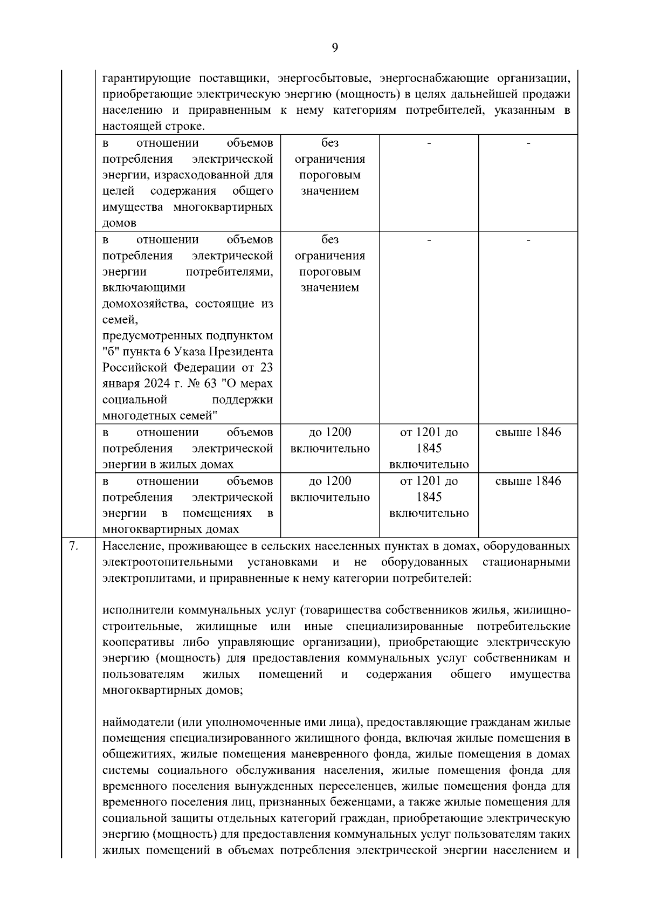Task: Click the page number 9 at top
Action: pyautogui.click(x=334, y=48)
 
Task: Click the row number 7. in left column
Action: pyautogui.click(x=74, y=546)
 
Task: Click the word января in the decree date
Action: pyautogui.click(x=119, y=384)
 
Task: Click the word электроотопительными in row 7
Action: pyautogui.click(x=168, y=562)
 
